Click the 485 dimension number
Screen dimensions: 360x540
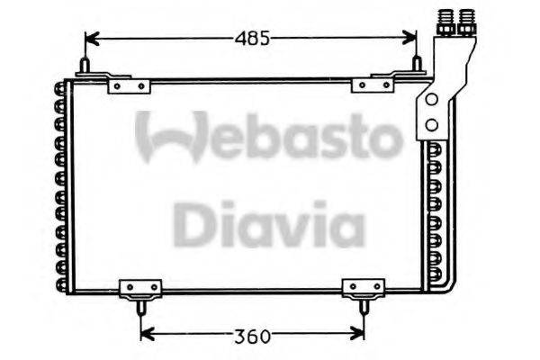[252, 39]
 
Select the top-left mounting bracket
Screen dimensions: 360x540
[127, 85]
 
